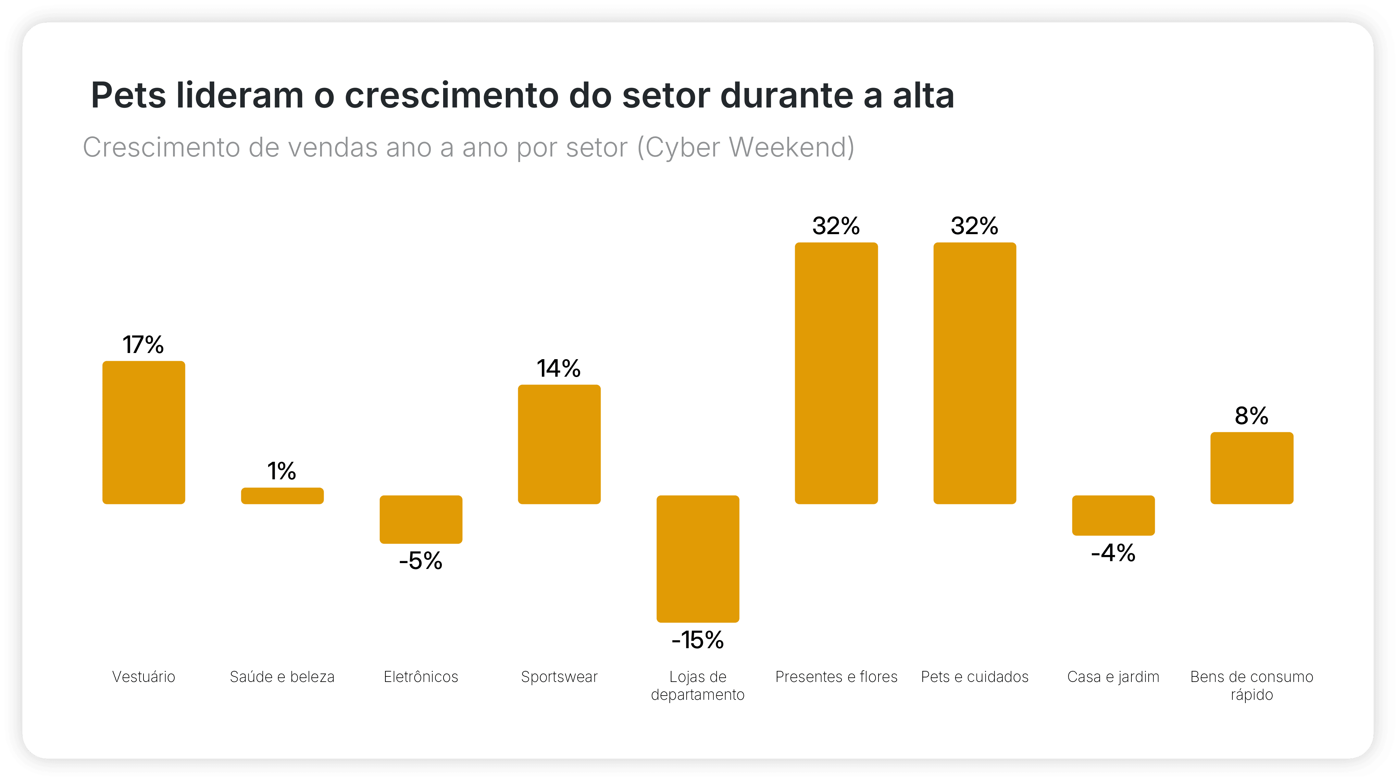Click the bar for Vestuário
[x=143, y=433]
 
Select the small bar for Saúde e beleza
[x=282, y=496]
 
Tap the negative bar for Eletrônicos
[x=421, y=519]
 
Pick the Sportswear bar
[x=559, y=445]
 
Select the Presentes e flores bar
[x=836, y=373]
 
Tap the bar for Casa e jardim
[x=1113, y=515]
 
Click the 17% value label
[x=143, y=345]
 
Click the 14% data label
[x=559, y=369]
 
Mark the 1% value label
[x=282, y=471]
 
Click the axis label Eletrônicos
[x=421, y=677]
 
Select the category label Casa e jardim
[x=1113, y=677]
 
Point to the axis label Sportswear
[x=559, y=677]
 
